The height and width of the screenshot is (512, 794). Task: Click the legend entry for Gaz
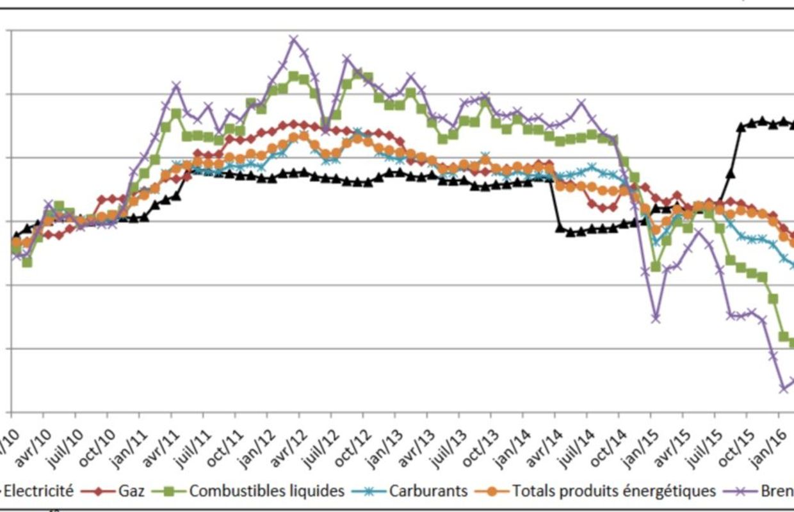(x=131, y=491)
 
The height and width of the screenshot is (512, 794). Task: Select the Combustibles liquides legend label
(x=266, y=491)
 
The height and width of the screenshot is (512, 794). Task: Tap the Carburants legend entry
(x=428, y=491)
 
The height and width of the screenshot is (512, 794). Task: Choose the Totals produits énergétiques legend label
(x=613, y=491)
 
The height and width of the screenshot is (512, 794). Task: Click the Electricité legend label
(x=38, y=491)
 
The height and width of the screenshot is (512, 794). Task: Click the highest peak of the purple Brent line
(x=294, y=40)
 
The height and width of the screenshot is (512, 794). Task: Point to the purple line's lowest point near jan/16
(x=783, y=388)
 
